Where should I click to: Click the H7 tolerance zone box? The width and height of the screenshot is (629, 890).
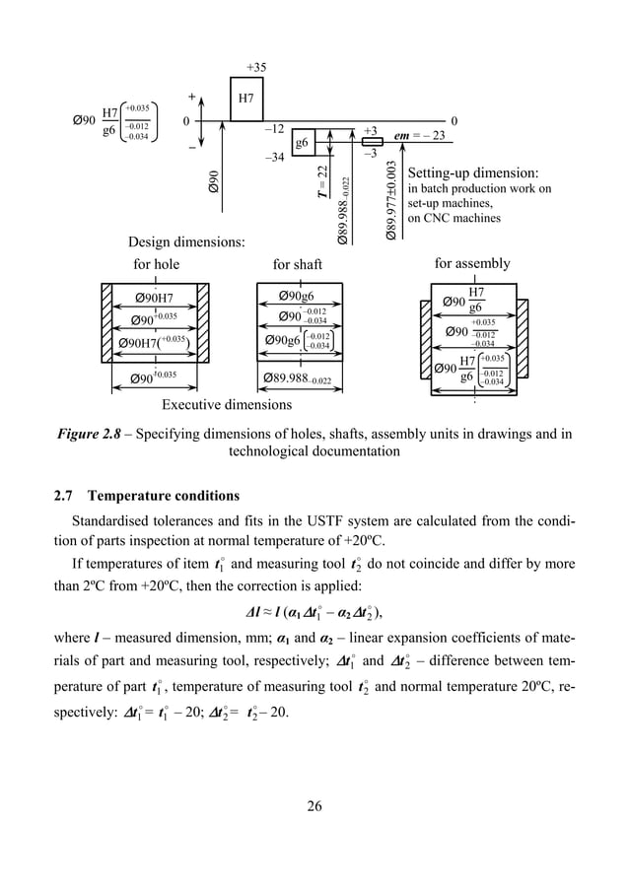(x=246, y=100)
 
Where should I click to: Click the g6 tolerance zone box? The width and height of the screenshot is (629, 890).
(x=302, y=142)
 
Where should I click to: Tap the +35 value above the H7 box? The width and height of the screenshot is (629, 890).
(x=256, y=67)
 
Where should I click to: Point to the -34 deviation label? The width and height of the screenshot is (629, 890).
(x=275, y=158)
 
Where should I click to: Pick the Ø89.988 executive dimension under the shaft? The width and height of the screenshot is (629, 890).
(x=299, y=377)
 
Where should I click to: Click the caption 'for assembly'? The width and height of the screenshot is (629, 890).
(x=472, y=263)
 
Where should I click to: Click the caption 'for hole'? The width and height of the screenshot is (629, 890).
(x=156, y=264)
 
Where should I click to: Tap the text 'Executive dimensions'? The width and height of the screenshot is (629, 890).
(x=227, y=404)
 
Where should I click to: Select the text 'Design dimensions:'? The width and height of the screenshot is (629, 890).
(x=186, y=242)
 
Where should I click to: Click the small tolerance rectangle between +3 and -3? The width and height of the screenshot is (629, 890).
(x=372, y=141)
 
